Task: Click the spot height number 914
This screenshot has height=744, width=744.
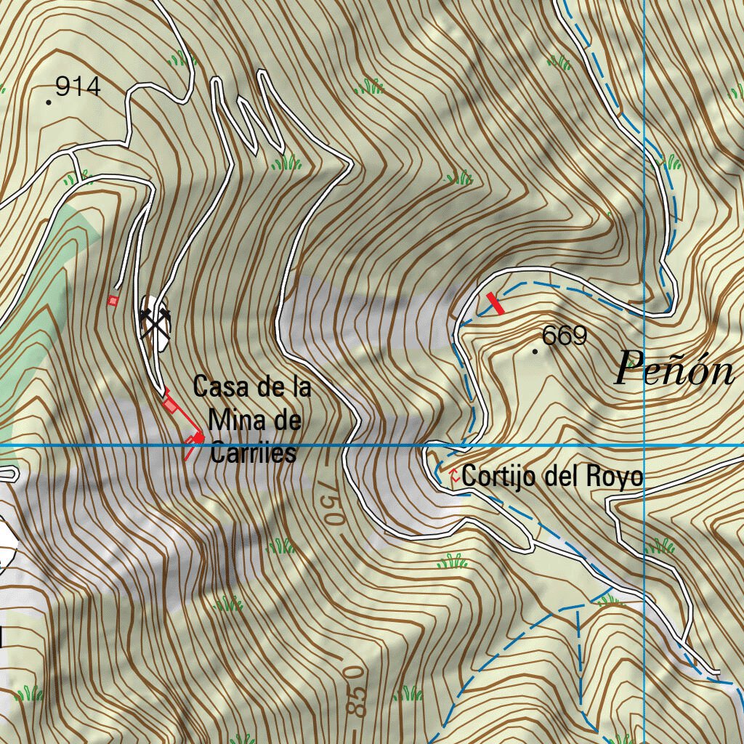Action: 77,87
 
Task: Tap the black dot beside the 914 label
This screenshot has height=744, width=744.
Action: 49,102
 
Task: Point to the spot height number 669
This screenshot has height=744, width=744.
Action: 565,336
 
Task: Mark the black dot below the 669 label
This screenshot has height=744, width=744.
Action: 536,351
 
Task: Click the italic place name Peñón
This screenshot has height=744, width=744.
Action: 674,368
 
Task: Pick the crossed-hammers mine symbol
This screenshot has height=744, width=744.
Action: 155,320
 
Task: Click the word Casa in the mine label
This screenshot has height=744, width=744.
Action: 215,387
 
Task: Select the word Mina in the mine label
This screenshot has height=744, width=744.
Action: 233,420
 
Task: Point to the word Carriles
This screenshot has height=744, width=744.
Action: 253,453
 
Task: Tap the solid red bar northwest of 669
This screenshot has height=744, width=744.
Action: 495,304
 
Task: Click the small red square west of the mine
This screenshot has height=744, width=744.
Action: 113,300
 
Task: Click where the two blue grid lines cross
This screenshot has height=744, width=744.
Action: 644,445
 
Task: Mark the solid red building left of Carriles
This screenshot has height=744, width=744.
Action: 196,437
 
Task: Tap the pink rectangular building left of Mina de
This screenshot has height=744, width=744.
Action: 171,405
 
